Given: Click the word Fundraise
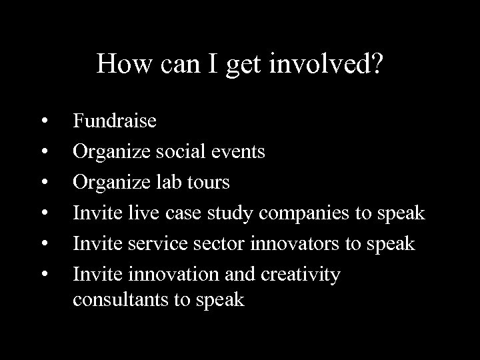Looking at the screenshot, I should pos(115,121).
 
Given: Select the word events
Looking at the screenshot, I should pos(239,152).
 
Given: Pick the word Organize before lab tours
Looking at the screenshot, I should pos(109,183).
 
